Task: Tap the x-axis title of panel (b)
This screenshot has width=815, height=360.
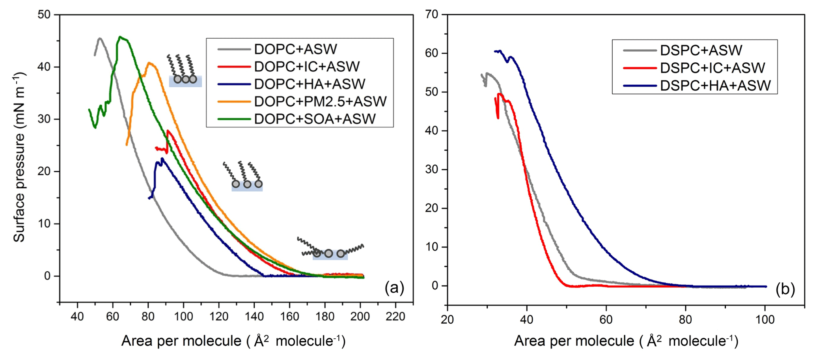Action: pos(626,341)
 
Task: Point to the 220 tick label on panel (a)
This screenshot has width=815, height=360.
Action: pos(395,317)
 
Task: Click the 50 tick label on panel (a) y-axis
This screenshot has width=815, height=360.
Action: pos(44,15)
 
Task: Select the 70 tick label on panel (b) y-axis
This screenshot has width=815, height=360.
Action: pos(432,15)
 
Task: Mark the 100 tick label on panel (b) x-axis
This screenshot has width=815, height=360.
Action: pos(765,319)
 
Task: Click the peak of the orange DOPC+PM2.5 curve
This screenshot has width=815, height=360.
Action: pos(149,62)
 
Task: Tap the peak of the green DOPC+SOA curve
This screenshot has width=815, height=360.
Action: pos(120,37)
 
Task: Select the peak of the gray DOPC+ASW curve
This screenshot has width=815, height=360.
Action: pos(100,38)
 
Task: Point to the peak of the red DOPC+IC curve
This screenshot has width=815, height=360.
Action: pos(168,131)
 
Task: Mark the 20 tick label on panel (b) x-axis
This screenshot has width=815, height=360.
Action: pos(448,319)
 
